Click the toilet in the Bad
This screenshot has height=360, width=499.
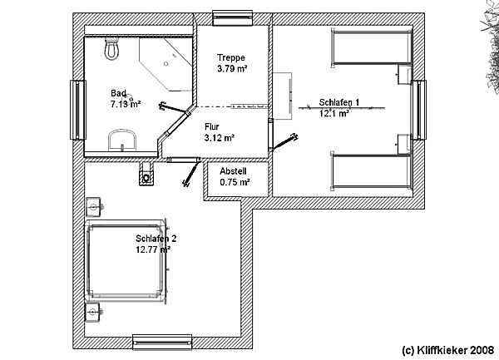pos(111,48)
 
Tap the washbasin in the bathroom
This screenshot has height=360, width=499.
pos(122,140)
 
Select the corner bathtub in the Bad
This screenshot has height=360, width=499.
pos(166,64)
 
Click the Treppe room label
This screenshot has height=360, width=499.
pos(231,58)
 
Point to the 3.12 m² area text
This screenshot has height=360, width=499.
pos(220,138)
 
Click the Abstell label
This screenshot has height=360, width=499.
pos(233,171)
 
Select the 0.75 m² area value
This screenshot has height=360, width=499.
pos(235,182)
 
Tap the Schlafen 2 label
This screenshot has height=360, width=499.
pos(156,239)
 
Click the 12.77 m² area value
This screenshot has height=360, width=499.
pos(153,249)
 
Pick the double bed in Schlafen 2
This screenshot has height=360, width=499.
pos(126,260)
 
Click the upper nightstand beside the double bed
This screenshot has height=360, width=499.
pos(94,207)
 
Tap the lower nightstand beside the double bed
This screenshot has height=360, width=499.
pos(93,313)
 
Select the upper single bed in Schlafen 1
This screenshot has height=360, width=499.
pos(372,47)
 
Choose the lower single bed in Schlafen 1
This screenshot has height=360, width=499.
pos(372,172)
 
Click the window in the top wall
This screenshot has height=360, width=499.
pos(232,17)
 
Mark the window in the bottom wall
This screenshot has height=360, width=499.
pos(162,343)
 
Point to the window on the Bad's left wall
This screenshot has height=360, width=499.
pos(78,110)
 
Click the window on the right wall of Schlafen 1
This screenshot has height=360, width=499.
pos(419,110)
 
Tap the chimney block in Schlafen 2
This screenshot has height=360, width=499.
pos(146,174)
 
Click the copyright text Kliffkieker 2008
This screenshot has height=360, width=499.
pos(447,350)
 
